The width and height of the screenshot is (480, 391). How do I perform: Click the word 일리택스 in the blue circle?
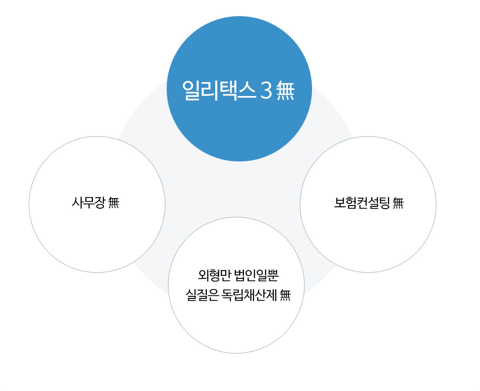[219, 90]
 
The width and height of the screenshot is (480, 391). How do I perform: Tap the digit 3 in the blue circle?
[266, 91]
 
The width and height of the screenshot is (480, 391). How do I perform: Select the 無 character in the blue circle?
[285, 91]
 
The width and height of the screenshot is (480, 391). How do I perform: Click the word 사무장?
[89, 202]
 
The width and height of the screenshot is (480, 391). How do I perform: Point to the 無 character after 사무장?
[113, 202]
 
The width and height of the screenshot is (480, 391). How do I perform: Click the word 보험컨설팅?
[362, 202]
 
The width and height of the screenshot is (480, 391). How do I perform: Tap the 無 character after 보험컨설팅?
[398, 202]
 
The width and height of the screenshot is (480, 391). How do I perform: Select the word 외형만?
[214, 275]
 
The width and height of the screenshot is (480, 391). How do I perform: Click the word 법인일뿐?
[256, 275]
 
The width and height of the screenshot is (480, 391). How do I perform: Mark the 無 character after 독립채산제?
[285, 295]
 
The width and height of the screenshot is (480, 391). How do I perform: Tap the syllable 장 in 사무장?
[100, 202]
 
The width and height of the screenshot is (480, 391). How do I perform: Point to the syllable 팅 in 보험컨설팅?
[384, 202]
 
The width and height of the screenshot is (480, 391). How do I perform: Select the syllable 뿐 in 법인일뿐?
[273, 275]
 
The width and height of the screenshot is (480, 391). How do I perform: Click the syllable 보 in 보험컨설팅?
[340, 202]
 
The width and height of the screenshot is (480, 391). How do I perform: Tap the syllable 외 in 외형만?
[204, 275]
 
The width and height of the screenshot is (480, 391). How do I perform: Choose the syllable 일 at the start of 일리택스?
[191, 91]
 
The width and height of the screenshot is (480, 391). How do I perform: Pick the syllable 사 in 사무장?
[77, 202]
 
